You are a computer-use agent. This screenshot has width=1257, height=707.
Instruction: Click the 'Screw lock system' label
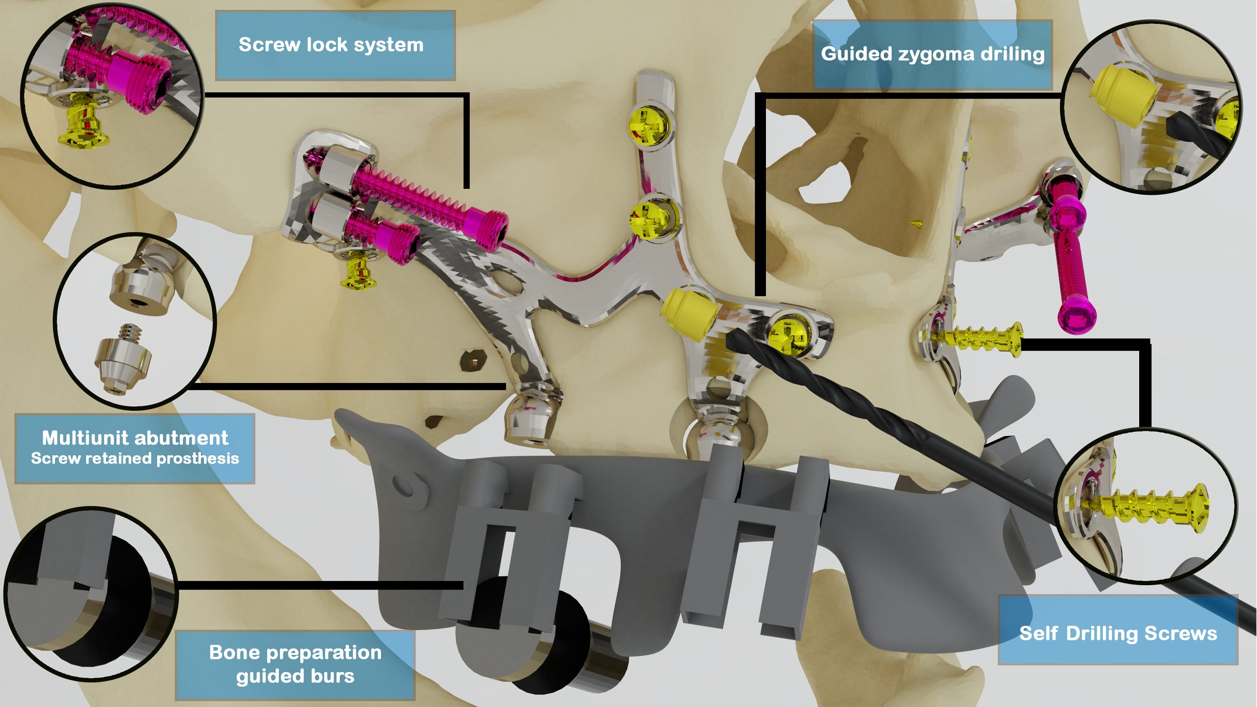click(331, 45)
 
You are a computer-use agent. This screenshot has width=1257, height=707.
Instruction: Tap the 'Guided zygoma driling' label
click(932, 54)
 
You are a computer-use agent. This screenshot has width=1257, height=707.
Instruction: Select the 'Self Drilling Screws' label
click(1118, 633)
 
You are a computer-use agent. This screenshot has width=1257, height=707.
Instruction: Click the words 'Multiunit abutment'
click(135, 437)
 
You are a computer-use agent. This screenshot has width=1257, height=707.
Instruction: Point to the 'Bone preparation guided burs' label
click(295, 664)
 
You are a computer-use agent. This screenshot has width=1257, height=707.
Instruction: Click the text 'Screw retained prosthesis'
click(135, 458)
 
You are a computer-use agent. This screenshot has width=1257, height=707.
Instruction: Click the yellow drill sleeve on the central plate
click(688, 314)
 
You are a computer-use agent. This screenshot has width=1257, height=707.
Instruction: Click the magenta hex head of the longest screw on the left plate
click(487, 230)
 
